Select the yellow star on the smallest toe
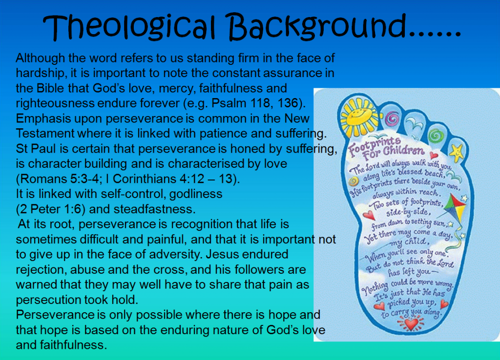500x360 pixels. point(457,152)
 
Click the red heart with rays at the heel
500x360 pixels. point(411,324)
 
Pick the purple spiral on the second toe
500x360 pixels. point(392,119)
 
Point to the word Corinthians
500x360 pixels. point(145,179)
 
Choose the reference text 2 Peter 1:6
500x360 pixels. point(50,209)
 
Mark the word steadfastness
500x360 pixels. point(154,209)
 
